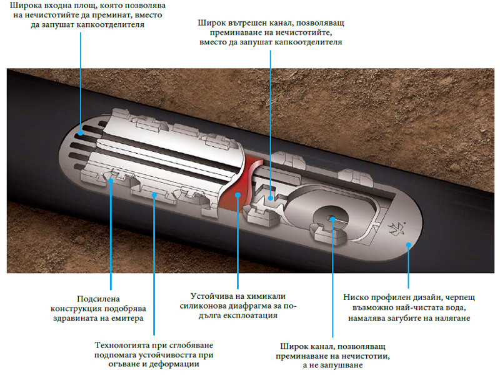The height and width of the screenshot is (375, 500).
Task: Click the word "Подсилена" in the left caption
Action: (99, 299)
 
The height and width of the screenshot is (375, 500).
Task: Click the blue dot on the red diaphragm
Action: (238, 195)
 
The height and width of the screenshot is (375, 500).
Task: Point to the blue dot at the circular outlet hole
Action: (332, 219)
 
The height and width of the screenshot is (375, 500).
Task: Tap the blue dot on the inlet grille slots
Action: (81, 133)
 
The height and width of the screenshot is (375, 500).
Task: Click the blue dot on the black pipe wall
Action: (408, 245)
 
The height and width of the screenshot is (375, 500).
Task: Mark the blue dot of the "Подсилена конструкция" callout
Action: (111, 181)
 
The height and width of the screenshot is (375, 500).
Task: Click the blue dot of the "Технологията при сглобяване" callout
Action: (154, 194)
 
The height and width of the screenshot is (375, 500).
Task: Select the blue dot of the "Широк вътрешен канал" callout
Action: (271, 197)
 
